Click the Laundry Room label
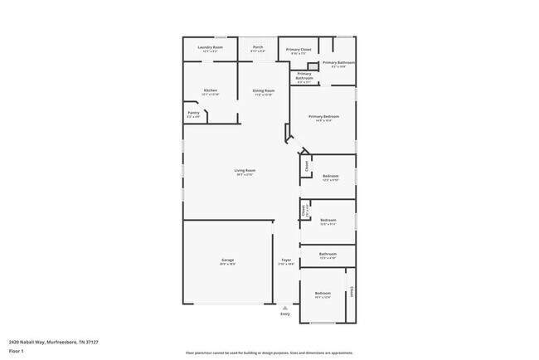[211, 49]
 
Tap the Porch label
[258, 48]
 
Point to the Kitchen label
[211, 90]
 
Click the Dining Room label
[263, 91]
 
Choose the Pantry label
[192, 114]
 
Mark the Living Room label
[244, 172]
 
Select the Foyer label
[285, 261]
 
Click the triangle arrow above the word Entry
[285, 308]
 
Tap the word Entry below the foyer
[285, 314]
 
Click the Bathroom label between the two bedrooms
[328, 255]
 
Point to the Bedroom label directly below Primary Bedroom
[330, 177]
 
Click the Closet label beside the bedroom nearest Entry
[352, 292]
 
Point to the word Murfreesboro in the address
[59, 341]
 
